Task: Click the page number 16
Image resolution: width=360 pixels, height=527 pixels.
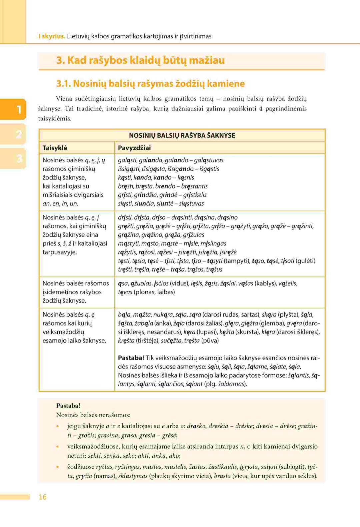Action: point(43,497)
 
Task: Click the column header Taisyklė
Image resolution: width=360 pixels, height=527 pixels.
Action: point(55,148)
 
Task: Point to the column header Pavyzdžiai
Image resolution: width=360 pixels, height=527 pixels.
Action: point(134,148)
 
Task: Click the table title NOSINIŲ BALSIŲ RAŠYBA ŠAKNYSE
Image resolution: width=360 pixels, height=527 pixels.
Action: point(182,135)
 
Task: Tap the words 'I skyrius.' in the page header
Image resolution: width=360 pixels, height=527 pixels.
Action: point(52,36)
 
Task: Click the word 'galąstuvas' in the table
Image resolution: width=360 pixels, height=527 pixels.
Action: point(209,160)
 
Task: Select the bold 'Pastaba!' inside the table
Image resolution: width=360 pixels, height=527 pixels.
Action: point(131,358)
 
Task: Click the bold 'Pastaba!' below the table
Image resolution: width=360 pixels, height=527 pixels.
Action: point(68,406)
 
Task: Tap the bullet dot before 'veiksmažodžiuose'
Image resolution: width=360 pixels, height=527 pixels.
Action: point(58,447)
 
